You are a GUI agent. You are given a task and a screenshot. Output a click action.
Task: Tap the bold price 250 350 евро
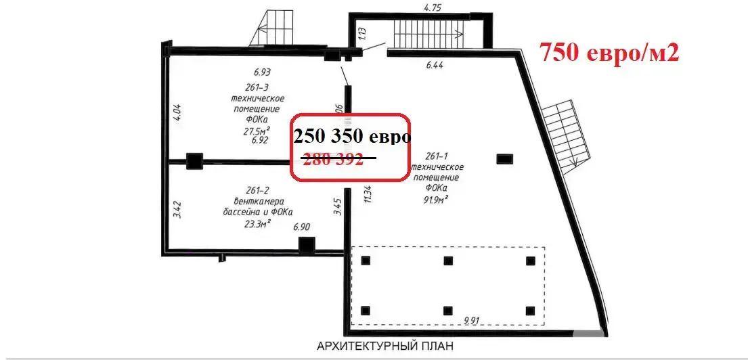352,137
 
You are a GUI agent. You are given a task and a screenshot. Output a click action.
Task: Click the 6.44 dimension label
438,66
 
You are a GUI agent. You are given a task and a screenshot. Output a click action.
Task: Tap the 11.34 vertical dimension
368,193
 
